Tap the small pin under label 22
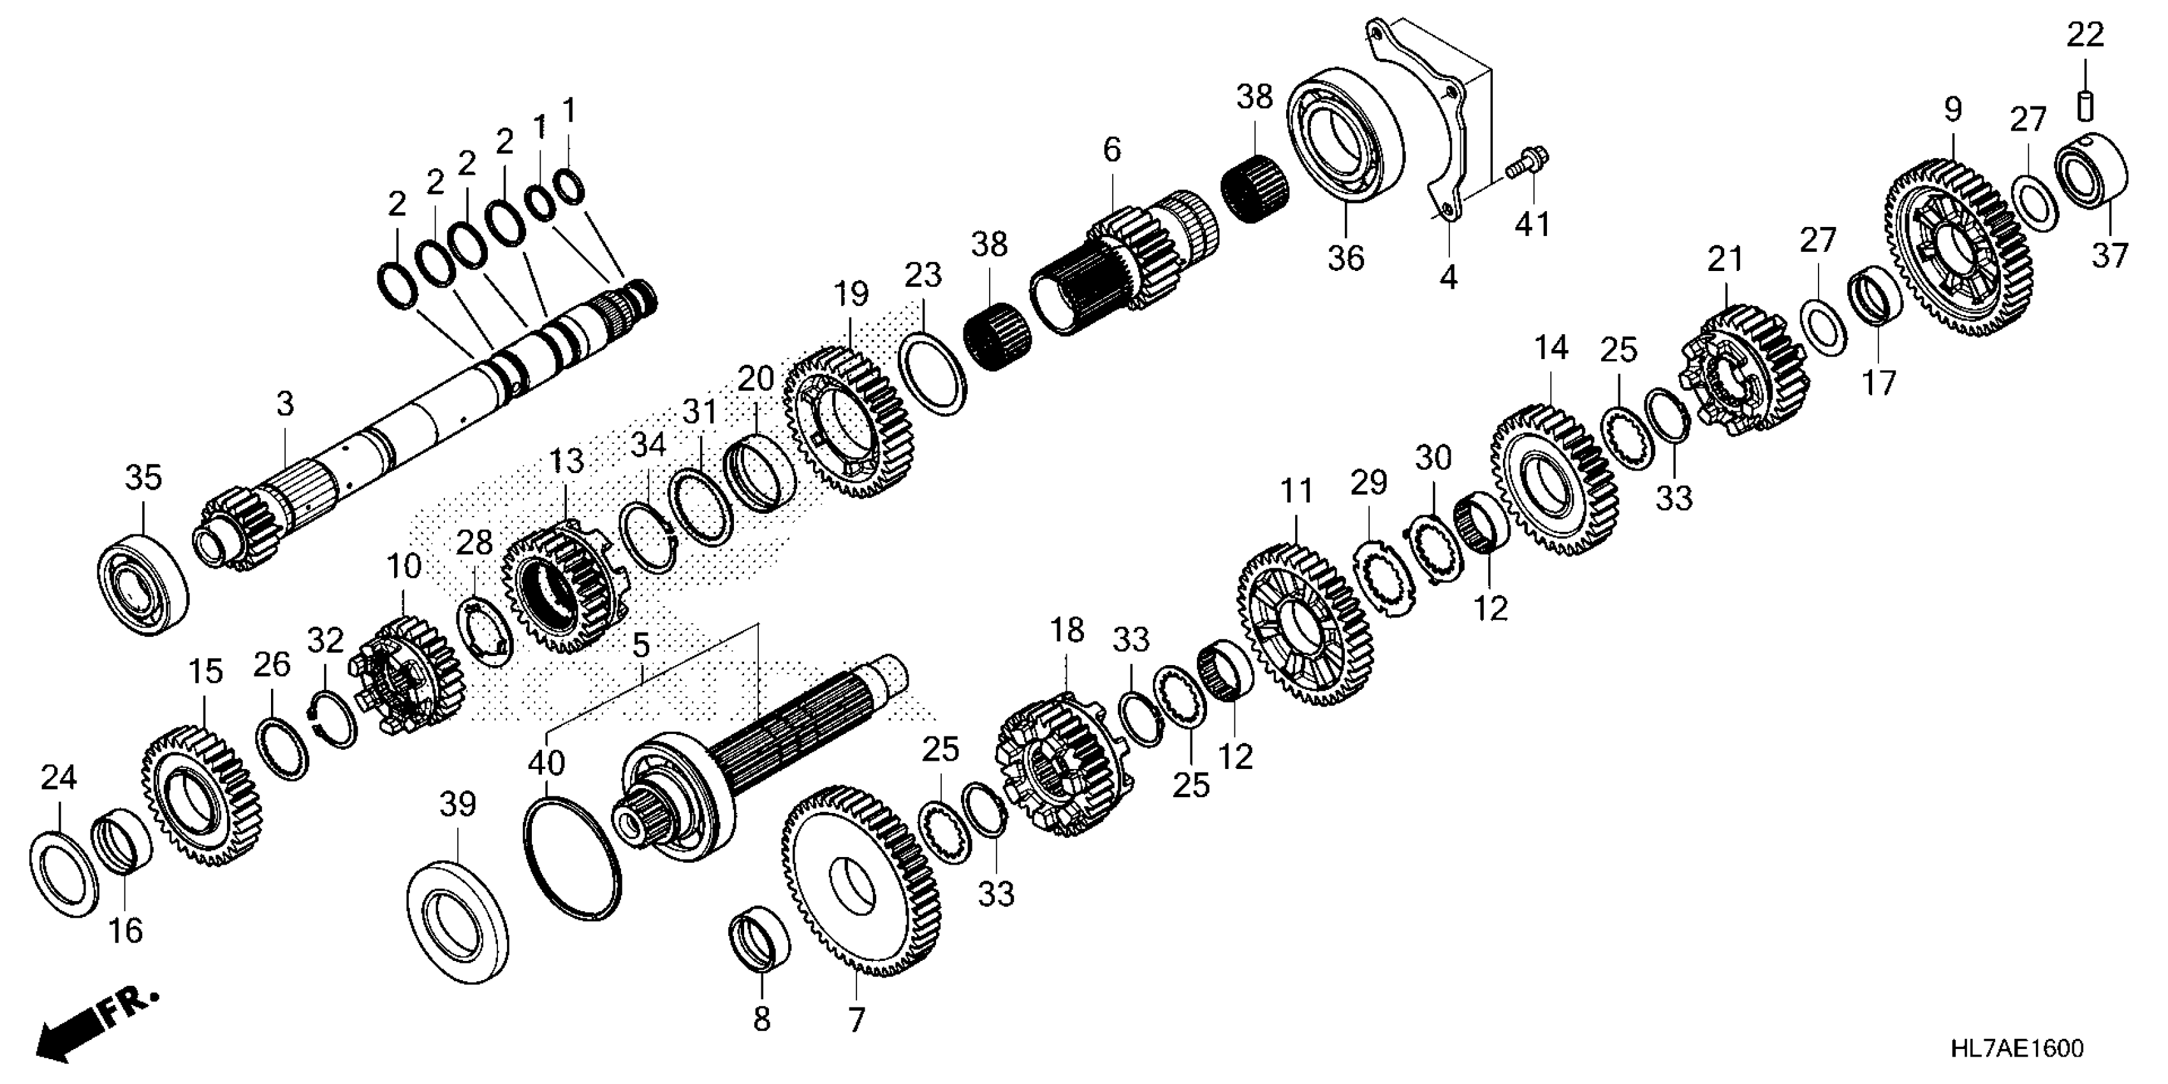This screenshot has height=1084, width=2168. tap(2086, 107)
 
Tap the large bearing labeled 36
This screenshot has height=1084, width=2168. tap(1344, 140)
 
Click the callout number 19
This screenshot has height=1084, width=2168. tap(851, 295)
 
